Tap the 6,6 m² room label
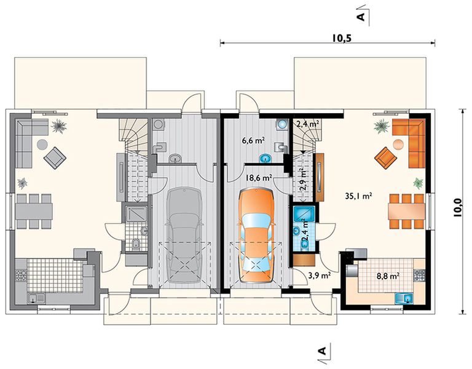(253, 140)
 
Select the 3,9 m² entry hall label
(319, 276)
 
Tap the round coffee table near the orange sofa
(398, 145)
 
